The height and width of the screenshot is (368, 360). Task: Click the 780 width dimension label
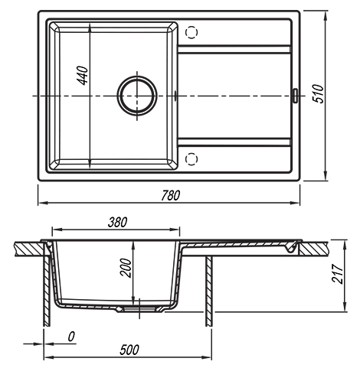tap(170, 195)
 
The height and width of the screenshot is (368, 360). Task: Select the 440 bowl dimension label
tap(83, 76)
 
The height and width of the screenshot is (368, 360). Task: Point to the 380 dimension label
tap(117, 223)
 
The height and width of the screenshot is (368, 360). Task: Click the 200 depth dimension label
tap(126, 268)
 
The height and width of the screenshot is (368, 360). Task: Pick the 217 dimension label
tap(337, 274)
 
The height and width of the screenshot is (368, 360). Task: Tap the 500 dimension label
tap(129, 350)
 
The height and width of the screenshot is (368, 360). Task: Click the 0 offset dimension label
tap(71, 337)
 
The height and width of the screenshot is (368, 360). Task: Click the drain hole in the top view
tap(137, 96)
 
